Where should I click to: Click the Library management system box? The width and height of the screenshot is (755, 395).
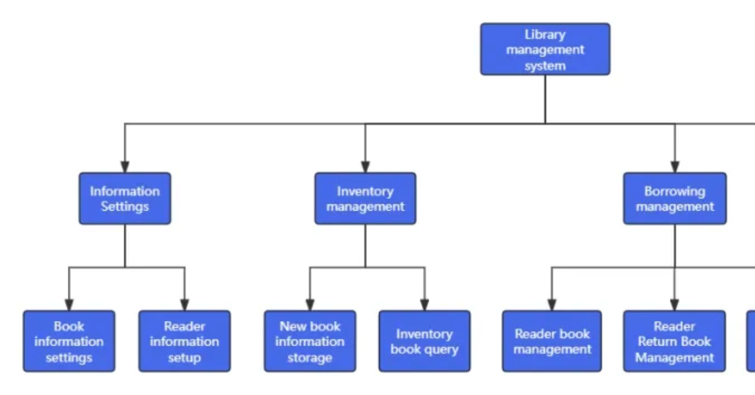point(545,49)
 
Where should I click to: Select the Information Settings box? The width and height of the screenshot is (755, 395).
point(124,198)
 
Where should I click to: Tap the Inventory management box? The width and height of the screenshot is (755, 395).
point(365,198)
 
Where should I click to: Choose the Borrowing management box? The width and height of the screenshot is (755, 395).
point(674,198)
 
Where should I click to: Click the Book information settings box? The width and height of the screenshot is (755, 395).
point(69,341)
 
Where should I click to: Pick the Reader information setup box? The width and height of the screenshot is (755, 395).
point(184,341)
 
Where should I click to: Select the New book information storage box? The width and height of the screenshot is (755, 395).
point(309,341)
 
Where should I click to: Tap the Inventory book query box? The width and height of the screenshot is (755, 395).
point(424,341)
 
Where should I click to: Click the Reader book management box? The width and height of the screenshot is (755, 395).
point(552,341)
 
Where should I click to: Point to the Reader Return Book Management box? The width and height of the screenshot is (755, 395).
point(674,341)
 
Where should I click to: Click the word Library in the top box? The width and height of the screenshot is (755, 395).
point(545,34)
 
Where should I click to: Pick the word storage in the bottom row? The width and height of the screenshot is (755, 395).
point(309,358)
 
